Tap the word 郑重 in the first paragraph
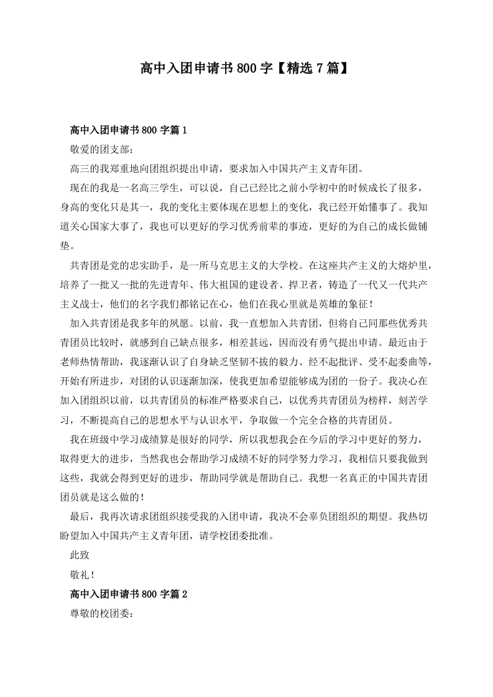click(x=132, y=169)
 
